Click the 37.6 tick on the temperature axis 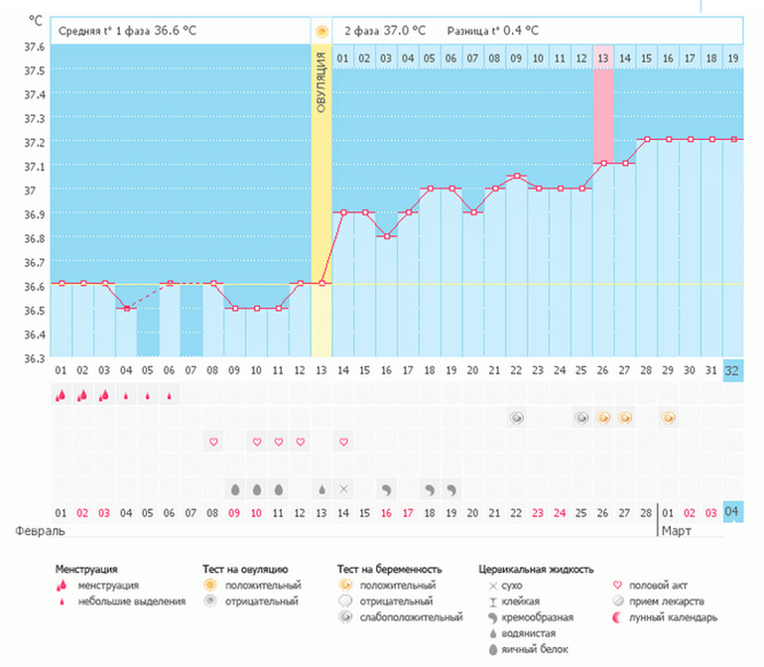34,47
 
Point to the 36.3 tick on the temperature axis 34,357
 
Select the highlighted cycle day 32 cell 732,370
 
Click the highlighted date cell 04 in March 732,512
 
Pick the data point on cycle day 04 126,308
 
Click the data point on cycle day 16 386,236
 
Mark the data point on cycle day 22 516,177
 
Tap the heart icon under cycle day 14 343,441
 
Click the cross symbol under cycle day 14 343,488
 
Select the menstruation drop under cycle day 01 61,395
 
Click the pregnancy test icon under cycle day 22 516,418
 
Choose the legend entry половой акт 655,586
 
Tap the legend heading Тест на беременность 389,570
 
